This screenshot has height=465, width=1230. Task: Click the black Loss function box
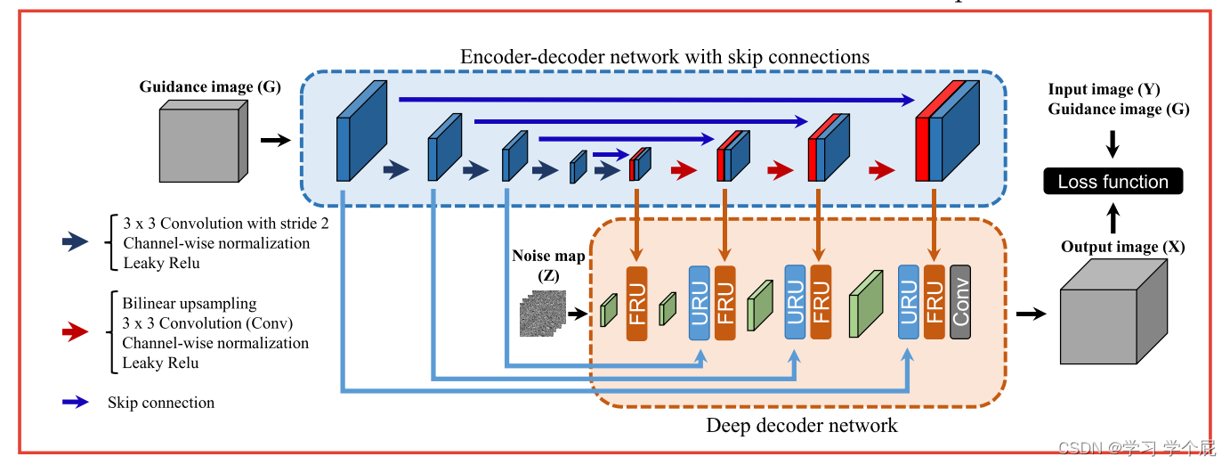click(1113, 181)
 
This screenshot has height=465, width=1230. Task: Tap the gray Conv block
click(960, 302)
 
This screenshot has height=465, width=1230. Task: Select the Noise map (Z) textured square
click(543, 313)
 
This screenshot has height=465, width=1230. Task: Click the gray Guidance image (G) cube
click(203, 141)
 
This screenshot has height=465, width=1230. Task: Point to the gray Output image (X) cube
click(1113, 311)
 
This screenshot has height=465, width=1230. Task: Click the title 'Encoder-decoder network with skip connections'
click(665, 57)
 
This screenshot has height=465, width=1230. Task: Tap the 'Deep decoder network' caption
click(802, 426)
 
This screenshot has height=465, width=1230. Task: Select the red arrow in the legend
click(76, 331)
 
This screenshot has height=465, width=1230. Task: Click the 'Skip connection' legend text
click(161, 403)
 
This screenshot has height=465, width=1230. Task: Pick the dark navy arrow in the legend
click(76, 241)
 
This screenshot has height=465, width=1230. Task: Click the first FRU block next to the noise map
click(637, 304)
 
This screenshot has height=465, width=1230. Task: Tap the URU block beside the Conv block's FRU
click(909, 302)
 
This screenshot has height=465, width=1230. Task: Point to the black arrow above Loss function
click(1113, 144)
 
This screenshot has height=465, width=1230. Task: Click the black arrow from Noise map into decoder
click(578, 314)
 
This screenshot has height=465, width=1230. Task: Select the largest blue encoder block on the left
click(361, 131)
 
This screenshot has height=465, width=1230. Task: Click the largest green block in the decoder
click(866, 304)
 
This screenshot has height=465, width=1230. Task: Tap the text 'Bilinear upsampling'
click(190, 304)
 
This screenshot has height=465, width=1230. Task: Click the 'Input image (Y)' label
click(1104, 89)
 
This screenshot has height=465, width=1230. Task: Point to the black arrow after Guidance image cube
click(276, 140)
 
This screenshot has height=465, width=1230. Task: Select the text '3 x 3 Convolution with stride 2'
click(226, 224)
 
